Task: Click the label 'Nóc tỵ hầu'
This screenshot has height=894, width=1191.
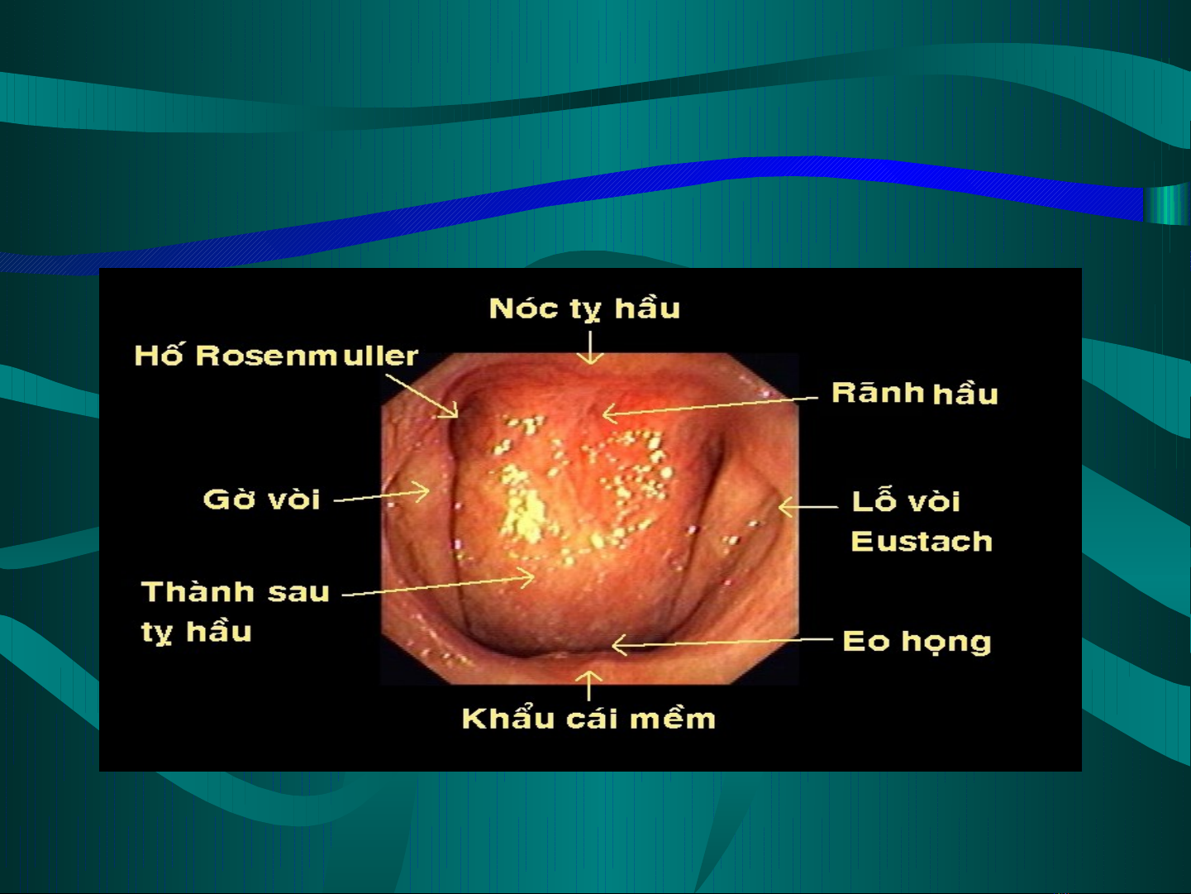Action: [584, 308]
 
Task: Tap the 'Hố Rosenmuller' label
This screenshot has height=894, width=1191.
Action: [276, 356]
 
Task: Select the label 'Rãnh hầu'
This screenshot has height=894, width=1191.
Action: [914, 393]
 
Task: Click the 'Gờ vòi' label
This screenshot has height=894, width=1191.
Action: [261, 500]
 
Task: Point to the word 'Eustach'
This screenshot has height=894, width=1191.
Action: [922, 541]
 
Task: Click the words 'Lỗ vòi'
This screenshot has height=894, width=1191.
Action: [906, 500]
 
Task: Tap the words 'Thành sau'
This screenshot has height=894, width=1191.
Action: [235, 591]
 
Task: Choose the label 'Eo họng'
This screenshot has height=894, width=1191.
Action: [917, 642]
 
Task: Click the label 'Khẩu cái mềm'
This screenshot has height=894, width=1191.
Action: [588, 718]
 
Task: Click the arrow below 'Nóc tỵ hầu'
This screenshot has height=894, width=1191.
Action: [590, 347]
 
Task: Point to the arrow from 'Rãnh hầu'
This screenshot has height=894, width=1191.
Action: [710, 407]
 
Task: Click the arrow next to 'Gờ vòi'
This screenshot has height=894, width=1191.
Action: [382, 495]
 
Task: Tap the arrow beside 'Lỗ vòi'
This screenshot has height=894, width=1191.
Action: [808, 507]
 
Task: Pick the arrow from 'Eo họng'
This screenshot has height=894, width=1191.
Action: [722, 642]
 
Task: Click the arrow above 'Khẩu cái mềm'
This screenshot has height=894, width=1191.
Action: [588, 686]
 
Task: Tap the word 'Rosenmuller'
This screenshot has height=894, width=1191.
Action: [307, 356]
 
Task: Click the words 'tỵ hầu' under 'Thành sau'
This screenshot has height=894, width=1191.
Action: [197, 632]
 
